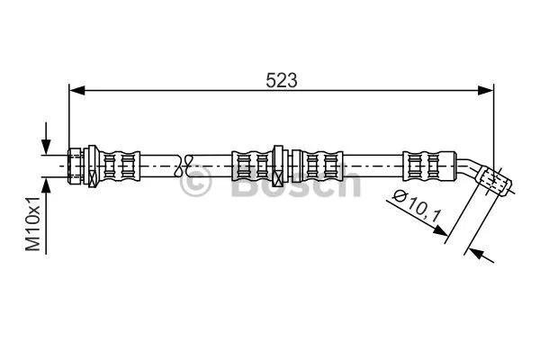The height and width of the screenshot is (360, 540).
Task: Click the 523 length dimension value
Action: coord(281,81)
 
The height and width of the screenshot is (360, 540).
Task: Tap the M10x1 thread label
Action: coord(33,223)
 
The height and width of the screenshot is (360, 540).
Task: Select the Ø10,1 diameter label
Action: coord(418,206)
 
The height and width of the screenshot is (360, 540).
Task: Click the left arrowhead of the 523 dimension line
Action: coord(76,91)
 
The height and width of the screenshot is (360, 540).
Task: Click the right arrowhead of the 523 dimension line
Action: coord(486,91)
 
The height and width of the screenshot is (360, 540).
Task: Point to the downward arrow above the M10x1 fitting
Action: coord(46,139)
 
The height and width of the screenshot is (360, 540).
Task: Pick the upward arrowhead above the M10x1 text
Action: coord(46,186)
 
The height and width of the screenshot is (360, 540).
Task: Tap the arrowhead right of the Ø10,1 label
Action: coord(441,230)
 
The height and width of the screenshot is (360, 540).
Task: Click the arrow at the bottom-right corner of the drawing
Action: coord(481,256)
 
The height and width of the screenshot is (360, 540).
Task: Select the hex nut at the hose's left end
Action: coord(75,166)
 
